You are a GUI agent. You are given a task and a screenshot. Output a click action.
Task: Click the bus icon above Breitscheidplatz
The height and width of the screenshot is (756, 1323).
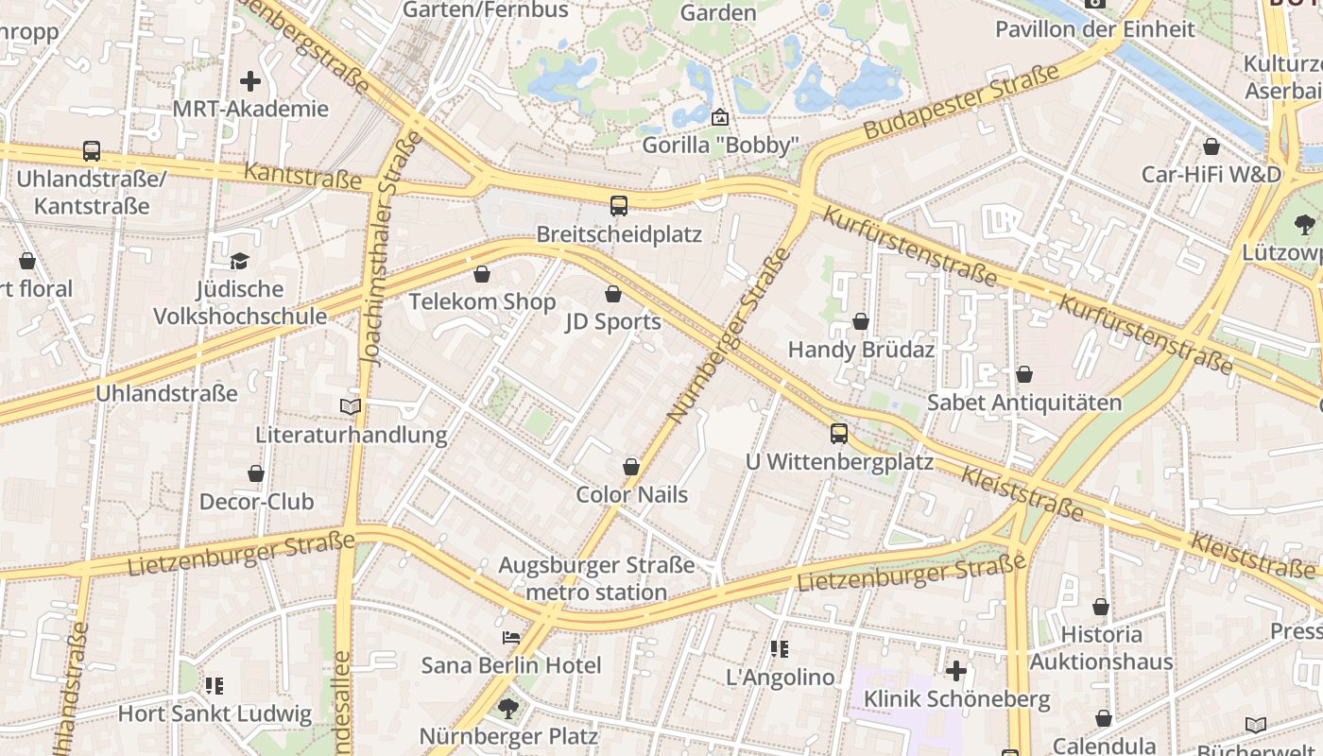pos(619,205)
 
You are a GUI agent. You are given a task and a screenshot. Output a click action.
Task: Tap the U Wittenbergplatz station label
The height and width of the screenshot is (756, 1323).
pos(839,462)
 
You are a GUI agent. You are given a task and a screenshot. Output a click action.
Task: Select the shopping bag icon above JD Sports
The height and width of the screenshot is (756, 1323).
pos(613,294)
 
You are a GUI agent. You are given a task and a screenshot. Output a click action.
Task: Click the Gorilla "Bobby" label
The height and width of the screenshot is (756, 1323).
pos(721,146)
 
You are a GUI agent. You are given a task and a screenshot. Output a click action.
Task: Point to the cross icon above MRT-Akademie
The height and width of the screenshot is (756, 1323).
pos(250,81)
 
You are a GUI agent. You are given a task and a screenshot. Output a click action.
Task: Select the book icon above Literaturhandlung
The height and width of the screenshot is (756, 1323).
pos(351,406)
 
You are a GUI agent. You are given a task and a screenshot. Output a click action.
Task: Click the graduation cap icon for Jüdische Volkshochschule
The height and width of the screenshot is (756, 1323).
pos(239,261)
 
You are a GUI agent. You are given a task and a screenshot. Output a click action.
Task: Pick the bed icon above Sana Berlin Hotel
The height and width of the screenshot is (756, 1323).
pos(511,638)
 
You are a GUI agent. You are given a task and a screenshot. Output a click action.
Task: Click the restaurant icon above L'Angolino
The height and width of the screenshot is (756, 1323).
pos(780,649)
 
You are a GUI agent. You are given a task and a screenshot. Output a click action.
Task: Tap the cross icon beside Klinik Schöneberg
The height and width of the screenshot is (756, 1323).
pos(956,671)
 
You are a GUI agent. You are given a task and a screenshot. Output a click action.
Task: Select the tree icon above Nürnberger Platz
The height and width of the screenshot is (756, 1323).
pos(508,708)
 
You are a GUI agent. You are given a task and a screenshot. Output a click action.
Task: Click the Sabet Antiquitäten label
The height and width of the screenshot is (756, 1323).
pos(1024,403)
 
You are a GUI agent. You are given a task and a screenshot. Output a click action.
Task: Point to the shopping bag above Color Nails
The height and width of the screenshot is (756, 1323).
pos(631,467)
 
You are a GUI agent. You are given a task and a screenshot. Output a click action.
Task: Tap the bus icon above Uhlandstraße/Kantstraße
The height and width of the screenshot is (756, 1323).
pos(92,150)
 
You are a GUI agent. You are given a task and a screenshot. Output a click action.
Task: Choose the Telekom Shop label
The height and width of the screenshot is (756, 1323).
pos(482,301)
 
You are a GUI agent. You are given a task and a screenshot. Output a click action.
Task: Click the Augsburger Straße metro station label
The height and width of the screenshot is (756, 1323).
pos(596,579)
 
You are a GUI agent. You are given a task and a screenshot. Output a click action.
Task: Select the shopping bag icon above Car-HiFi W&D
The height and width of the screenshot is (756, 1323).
pos(1211,146)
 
